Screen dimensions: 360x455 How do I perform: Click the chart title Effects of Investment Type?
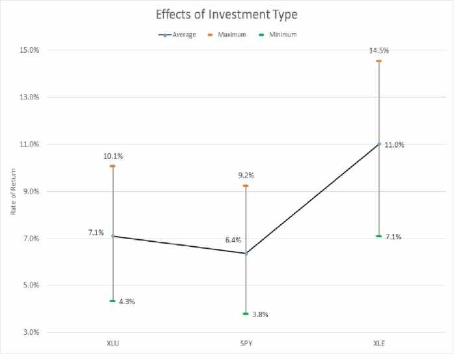(x=227, y=14)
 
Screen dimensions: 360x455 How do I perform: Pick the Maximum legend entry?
(x=231, y=34)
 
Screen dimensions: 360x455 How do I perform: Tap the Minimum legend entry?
(x=282, y=34)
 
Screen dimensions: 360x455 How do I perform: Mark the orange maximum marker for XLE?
(x=379, y=61)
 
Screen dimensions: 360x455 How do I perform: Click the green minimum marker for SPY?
(x=246, y=314)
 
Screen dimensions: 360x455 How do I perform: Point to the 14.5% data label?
(x=379, y=50)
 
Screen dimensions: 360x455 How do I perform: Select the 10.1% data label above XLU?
(x=112, y=156)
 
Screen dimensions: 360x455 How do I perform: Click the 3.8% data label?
(x=260, y=315)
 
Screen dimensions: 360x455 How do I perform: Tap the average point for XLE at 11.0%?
(x=379, y=144)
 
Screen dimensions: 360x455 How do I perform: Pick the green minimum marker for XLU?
(x=112, y=301)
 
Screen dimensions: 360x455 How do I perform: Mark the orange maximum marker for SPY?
(x=246, y=186)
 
